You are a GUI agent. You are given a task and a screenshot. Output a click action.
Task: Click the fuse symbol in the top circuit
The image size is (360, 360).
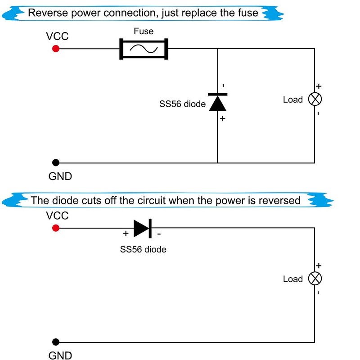(x=144, y=49)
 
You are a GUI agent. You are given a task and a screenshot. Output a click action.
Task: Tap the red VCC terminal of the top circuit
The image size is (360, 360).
(x=56, y=49)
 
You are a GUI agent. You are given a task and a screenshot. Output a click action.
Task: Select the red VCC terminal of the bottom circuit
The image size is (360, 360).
(x=56, y=228)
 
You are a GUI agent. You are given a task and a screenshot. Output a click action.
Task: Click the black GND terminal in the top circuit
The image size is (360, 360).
(x=56, y=162)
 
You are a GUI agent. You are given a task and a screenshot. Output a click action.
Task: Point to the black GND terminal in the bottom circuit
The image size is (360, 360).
(x=56, y=342)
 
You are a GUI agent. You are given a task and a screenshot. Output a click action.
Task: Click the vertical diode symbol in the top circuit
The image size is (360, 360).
(x=217, y=102)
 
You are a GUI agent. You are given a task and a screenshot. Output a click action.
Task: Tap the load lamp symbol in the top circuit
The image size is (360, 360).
(x=315, y=99)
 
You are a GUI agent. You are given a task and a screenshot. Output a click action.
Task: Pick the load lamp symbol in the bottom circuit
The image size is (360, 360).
(x=315, y=279)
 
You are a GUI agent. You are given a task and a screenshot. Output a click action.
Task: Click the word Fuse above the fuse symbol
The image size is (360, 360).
(x=144, y=31)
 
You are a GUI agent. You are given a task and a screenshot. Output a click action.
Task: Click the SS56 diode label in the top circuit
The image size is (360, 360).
(x=182, y=104)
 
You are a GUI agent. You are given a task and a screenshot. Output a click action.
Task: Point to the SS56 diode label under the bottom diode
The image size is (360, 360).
(x=143, y=249)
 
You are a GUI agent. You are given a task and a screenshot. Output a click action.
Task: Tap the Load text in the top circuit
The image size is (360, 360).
(x=292, y=99)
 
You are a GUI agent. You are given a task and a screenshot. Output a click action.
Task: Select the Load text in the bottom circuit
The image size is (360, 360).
(x=292, y=279)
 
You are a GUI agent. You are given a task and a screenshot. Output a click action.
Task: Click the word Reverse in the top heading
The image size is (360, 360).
(x=46, y=13)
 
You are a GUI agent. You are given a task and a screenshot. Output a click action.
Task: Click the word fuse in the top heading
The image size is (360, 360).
(x=248, y=13)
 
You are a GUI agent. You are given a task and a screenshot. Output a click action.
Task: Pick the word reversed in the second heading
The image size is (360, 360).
(x=279, y=200)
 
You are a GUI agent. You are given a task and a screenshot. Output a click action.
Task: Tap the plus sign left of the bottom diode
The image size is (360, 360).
(x=126, y=234)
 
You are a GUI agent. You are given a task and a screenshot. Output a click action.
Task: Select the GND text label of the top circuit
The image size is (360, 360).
(x=60, y=176)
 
